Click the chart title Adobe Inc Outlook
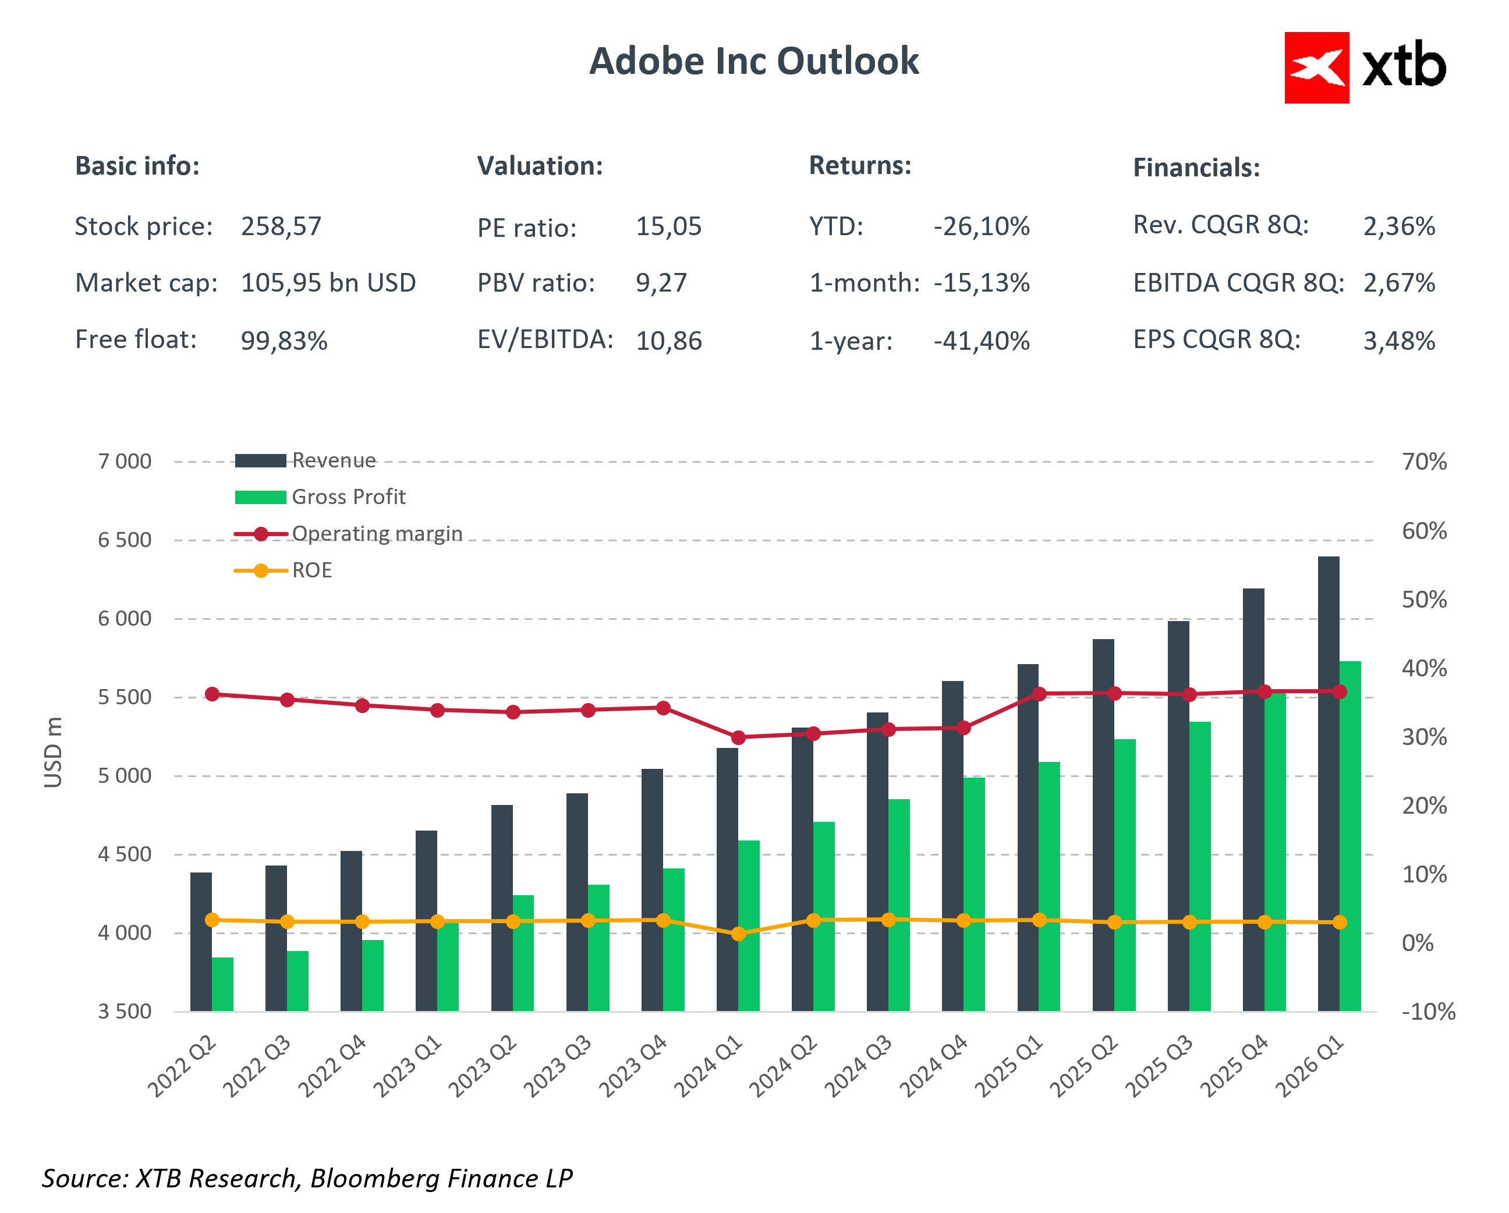(753, 62)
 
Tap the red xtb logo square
(1316, 68)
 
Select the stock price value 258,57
(281, 226)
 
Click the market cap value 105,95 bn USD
(328, 283)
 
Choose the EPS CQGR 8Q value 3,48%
(1398, 341)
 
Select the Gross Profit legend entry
(348, 497)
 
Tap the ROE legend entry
(311, 570)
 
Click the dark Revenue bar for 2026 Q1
(1328, 784)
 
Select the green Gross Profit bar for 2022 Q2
(222, 984)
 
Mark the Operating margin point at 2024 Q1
(738, 737)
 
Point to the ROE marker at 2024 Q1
(738, 934)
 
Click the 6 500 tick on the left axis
(125, 540)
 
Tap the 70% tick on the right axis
(1423, 462)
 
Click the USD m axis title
(53, 753)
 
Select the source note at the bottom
(307, 1179)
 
